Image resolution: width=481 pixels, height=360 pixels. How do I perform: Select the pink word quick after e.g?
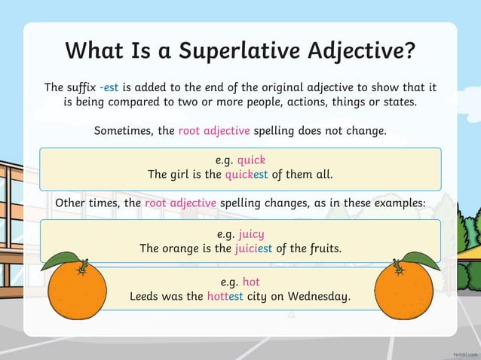251,160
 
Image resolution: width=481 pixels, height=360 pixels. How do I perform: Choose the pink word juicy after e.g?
251,233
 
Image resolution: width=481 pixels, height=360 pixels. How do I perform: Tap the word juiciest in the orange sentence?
257,248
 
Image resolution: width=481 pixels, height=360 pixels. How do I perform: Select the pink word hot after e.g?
251,282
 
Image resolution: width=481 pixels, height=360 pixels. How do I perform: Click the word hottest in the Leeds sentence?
225,297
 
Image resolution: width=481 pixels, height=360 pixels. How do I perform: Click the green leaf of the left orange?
59,261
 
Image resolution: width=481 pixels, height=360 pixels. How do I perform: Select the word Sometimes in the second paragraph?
124,130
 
